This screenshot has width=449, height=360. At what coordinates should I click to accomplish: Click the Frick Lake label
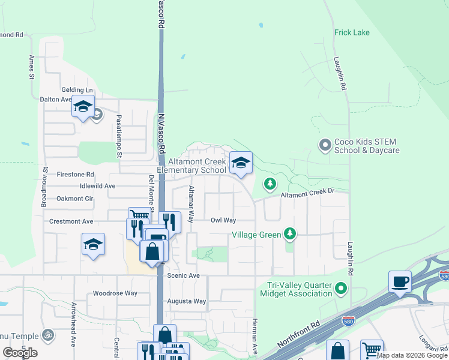(352, 32)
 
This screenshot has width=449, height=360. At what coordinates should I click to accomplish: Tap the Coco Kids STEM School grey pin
(325, 145)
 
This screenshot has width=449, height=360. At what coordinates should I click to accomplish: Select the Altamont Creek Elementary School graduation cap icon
(241, 163)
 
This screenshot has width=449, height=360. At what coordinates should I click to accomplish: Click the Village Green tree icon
(290, 233)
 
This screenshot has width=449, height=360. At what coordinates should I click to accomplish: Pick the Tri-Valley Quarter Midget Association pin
(342, 289)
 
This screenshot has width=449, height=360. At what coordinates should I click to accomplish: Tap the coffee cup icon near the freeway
(400, 281)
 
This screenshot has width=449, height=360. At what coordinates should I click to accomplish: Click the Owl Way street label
(223, 220)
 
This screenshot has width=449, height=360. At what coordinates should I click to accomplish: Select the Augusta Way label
(186, 301)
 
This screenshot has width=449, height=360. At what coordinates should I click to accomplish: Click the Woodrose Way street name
(115, 294)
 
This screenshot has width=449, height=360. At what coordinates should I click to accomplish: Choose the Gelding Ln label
(77, 89)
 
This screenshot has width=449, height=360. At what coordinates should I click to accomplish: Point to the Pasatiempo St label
(119, 136)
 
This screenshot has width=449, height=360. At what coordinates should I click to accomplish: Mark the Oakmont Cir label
(75, 198)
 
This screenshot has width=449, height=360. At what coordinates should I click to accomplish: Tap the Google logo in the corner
(20, 352)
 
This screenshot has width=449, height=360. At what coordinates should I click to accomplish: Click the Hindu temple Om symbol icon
(49, 335)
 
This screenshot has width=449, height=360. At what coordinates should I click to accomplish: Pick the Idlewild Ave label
(93, 186)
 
